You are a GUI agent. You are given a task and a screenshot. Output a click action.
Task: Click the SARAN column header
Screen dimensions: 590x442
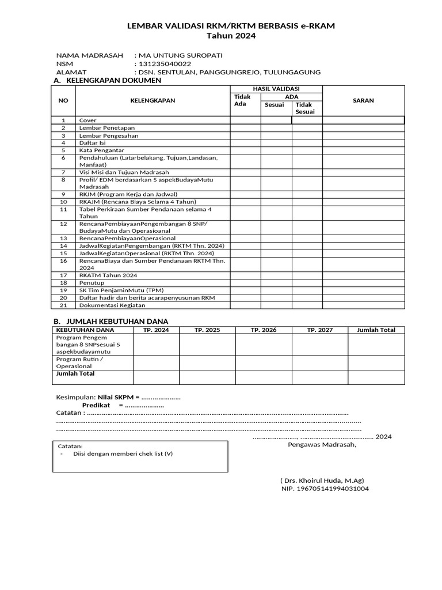coord(363,100)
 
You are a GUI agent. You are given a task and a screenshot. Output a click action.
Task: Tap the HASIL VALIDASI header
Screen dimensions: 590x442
coord(276,89)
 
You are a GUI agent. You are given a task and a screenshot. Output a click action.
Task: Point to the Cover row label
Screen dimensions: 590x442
coord(88,120)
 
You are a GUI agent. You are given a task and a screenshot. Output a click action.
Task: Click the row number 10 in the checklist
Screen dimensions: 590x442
coord(64,202)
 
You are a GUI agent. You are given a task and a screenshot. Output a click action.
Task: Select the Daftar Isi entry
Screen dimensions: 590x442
coord(92,142)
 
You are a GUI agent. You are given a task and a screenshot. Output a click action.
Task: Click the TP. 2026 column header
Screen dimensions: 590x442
coord(264,330)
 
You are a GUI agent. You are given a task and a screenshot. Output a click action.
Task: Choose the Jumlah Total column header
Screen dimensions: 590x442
coord(376,330)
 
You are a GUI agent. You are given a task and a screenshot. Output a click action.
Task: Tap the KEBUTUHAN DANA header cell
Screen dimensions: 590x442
coord(85,330)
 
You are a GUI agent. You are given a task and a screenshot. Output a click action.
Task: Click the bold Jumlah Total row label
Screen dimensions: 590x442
coord(75,373)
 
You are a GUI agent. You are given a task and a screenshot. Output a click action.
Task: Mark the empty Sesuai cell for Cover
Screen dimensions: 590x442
coord(276,120)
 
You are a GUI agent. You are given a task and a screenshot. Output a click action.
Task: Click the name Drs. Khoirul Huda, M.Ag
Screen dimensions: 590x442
coord(322,481)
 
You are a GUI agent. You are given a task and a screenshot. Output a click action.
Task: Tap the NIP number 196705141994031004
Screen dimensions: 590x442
coord(325,489)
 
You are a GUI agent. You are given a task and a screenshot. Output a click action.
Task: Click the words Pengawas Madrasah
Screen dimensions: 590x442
coord(322,444)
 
